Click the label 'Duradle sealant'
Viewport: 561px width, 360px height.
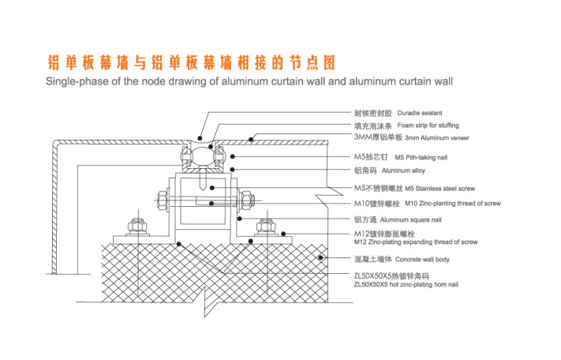pos(420,113)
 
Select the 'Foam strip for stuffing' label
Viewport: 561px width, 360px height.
pos(428,126)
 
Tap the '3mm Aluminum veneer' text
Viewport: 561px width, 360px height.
pos(432,138)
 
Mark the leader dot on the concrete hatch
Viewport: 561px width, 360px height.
pos(320,258)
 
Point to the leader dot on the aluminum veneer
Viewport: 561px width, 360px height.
pos(251,138)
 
